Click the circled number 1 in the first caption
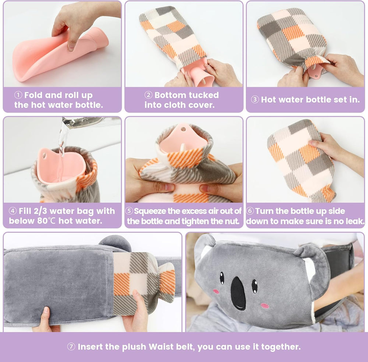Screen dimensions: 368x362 [x=18, y=95]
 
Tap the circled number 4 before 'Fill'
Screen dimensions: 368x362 [x=13, y=211]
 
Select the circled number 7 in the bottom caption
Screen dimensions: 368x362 [x=71, y=347]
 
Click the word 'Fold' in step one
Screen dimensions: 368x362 [x=33, y=95]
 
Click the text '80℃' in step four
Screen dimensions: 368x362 [x=46, y=221]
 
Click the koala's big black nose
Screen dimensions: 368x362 [x=238, y=293]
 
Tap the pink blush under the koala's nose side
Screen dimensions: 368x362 [x=265, y=306]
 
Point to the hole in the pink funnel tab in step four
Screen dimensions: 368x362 [x=44, y=156]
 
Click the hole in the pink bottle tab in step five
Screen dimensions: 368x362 [x=183, y=129]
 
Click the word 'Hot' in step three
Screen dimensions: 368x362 [x=269, y=100]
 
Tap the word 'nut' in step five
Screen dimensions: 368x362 [x=233, y=221]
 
